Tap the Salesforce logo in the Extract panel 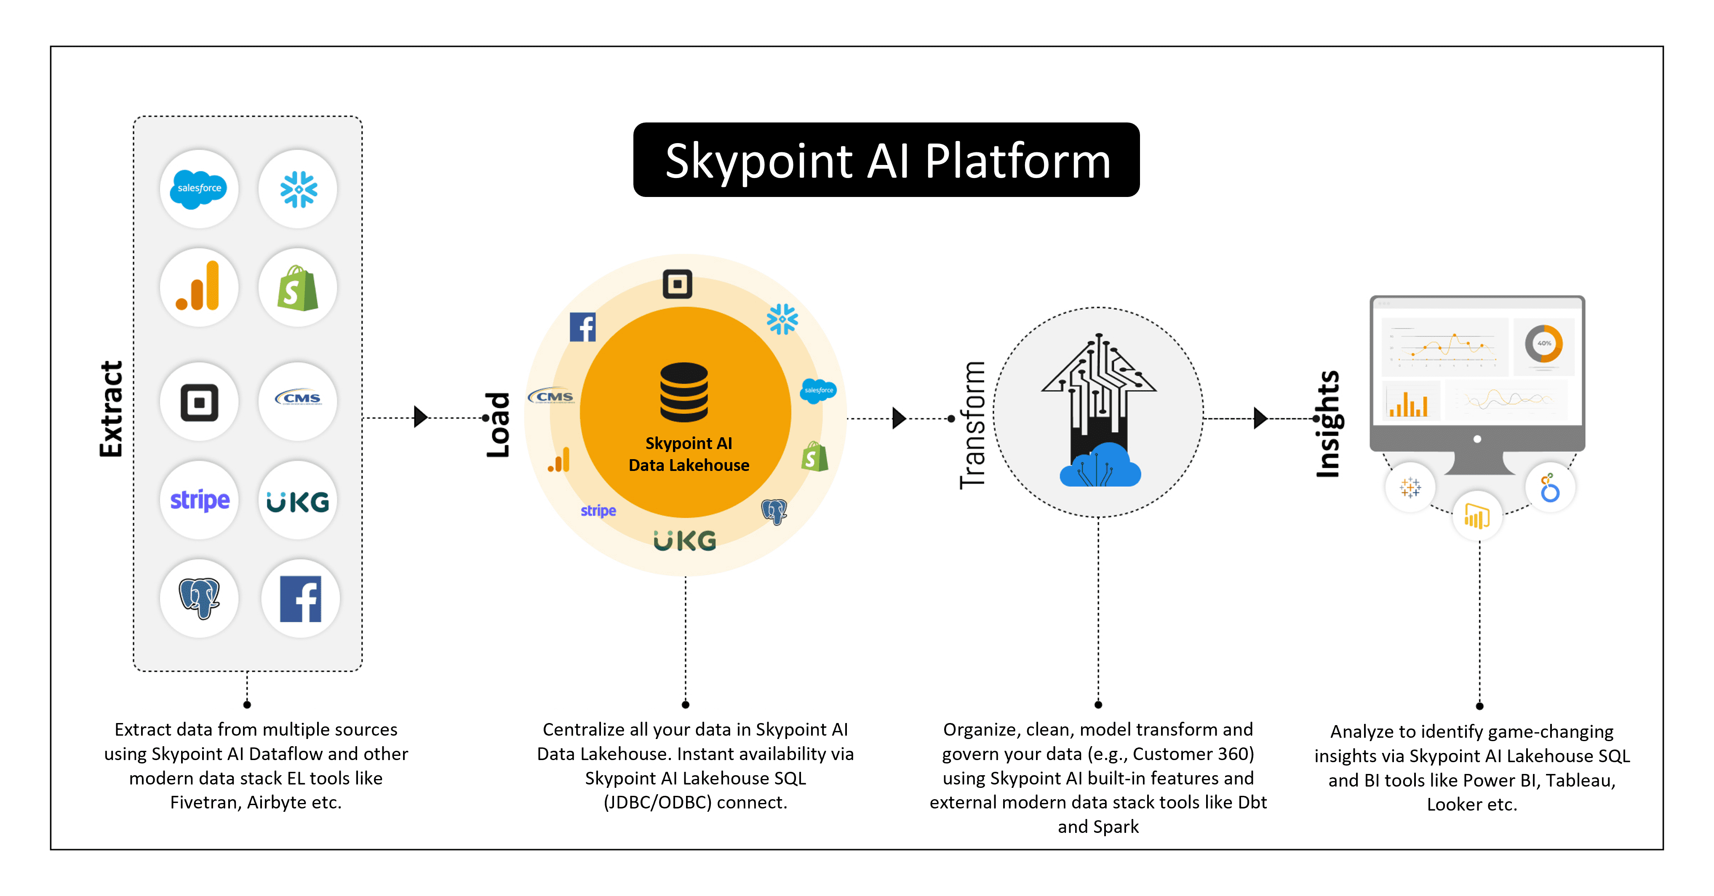click(x=198, y=189)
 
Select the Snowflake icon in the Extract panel click(x=298, y=189)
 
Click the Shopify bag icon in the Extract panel click(x=297, y=288)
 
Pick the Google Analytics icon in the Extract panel click(x=198, y=286)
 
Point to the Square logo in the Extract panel click(x=199, y=402)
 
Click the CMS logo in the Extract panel click(x=298, y=398)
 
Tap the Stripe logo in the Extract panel click(x=200, y=500)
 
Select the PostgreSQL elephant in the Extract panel click(x=199, y=598)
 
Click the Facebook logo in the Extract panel click(x=301, y=598)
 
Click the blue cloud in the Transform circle click(x=1100, y=465)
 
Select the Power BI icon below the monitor click(x=1477, y=516)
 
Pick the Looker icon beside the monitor click(x=1550, y=488)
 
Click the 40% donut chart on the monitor click(x=1544, y=343)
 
